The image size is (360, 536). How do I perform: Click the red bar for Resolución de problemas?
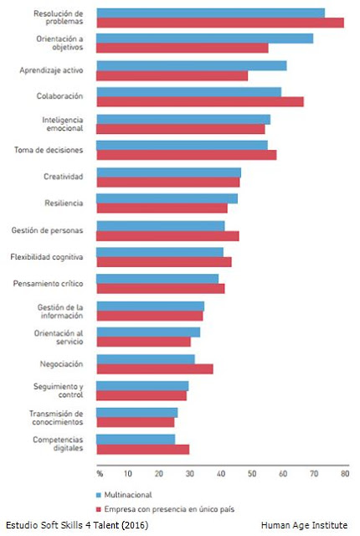click(x=220, y=23)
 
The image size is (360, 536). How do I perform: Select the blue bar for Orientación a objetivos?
click(x=205, y=39)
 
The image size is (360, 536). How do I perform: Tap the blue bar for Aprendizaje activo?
click(x=192, y=65)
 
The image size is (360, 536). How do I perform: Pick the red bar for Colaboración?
click(x=200, y=102)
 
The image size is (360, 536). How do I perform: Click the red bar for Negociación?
click(x=155, y=369)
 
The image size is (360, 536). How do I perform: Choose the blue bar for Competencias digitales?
click(x=136, y=440)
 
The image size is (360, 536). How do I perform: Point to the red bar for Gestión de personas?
click(x=167, y=236)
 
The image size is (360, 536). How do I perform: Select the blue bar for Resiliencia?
click(x=167, y=198)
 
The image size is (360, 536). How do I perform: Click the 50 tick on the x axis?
click(x=252, y=473)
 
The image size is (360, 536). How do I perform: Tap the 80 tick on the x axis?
click(x=345, y=473)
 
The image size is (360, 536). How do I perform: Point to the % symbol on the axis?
click(x=100, y=474)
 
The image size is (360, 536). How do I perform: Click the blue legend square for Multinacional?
click(x=99, y=495)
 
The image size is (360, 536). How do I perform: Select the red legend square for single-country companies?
click(x=99, y=509)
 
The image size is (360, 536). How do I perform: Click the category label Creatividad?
click(x=63, y=177)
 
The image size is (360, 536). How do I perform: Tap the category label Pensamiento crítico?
click(x=49, y=284)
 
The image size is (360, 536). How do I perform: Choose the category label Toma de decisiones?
click(x=49, y=150)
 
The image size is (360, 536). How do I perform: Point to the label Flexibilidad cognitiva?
click(x=47, y=257)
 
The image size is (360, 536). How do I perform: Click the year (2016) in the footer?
click(x=136, y=525)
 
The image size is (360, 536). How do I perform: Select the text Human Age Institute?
click(x=305, y=525)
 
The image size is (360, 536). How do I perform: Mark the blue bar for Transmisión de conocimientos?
click(x=137, y=413)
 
